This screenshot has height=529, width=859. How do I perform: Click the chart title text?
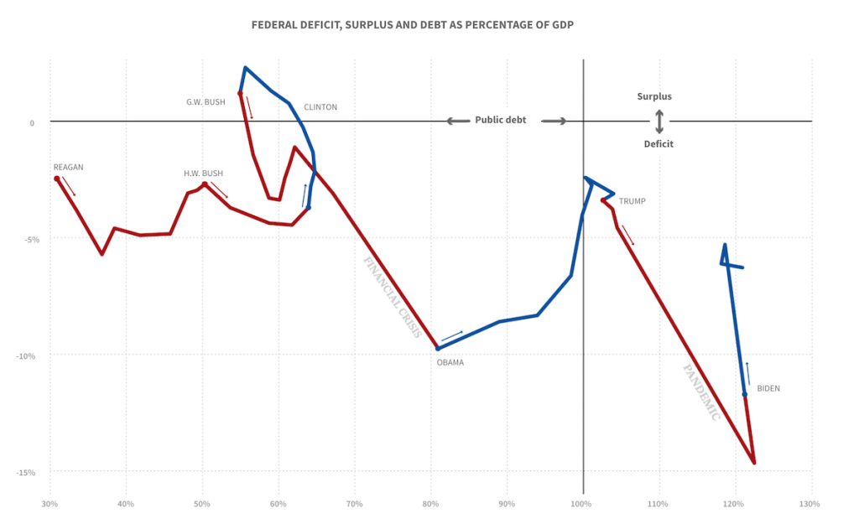click(413, 25)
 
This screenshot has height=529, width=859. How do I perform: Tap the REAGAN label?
click(68, 167)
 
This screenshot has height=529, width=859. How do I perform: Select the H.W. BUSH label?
click(203, 174)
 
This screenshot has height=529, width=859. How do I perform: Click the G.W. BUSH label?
click(206, 101)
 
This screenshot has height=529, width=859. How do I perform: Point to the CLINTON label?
click(320, 107)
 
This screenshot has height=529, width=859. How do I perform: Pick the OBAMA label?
click(450, 362)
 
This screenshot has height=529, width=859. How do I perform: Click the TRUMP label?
click(633, 201)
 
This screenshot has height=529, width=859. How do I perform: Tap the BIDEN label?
click(768, 388)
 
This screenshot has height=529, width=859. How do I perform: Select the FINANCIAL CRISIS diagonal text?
click(393, 296)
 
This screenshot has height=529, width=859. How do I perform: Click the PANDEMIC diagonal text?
click(700, 392)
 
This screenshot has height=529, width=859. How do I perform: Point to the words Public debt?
click(501, 120)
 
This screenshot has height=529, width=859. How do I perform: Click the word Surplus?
click(654, 96)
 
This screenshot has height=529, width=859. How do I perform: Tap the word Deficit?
click(659, 144)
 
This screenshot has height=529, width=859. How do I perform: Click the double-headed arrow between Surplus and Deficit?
click(659, 121)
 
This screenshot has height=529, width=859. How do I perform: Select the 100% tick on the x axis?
click(581, 505)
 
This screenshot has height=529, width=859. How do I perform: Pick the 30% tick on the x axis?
click(49, 505)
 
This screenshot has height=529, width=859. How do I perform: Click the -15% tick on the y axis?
click(25, 472)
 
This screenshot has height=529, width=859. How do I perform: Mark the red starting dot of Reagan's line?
click(57, 179)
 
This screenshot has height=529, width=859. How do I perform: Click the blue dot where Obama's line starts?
click(437, 347)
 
